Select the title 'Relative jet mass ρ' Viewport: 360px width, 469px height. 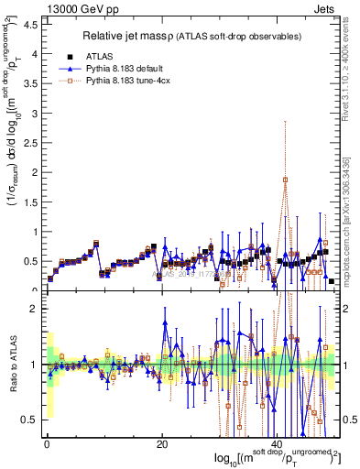pyautogui.click(x=135, y=36)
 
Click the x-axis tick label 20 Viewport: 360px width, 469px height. pyautogui.click(x=162, y=443)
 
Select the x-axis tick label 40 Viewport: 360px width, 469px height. pyautogui.click(x=278, y=443)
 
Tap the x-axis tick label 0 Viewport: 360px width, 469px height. pyautogui.click(x=47, y=443)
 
